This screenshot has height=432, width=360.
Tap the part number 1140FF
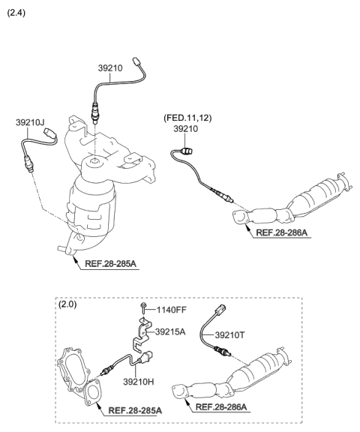172,310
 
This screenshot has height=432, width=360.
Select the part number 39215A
172,331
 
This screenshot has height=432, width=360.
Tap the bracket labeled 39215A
141,334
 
